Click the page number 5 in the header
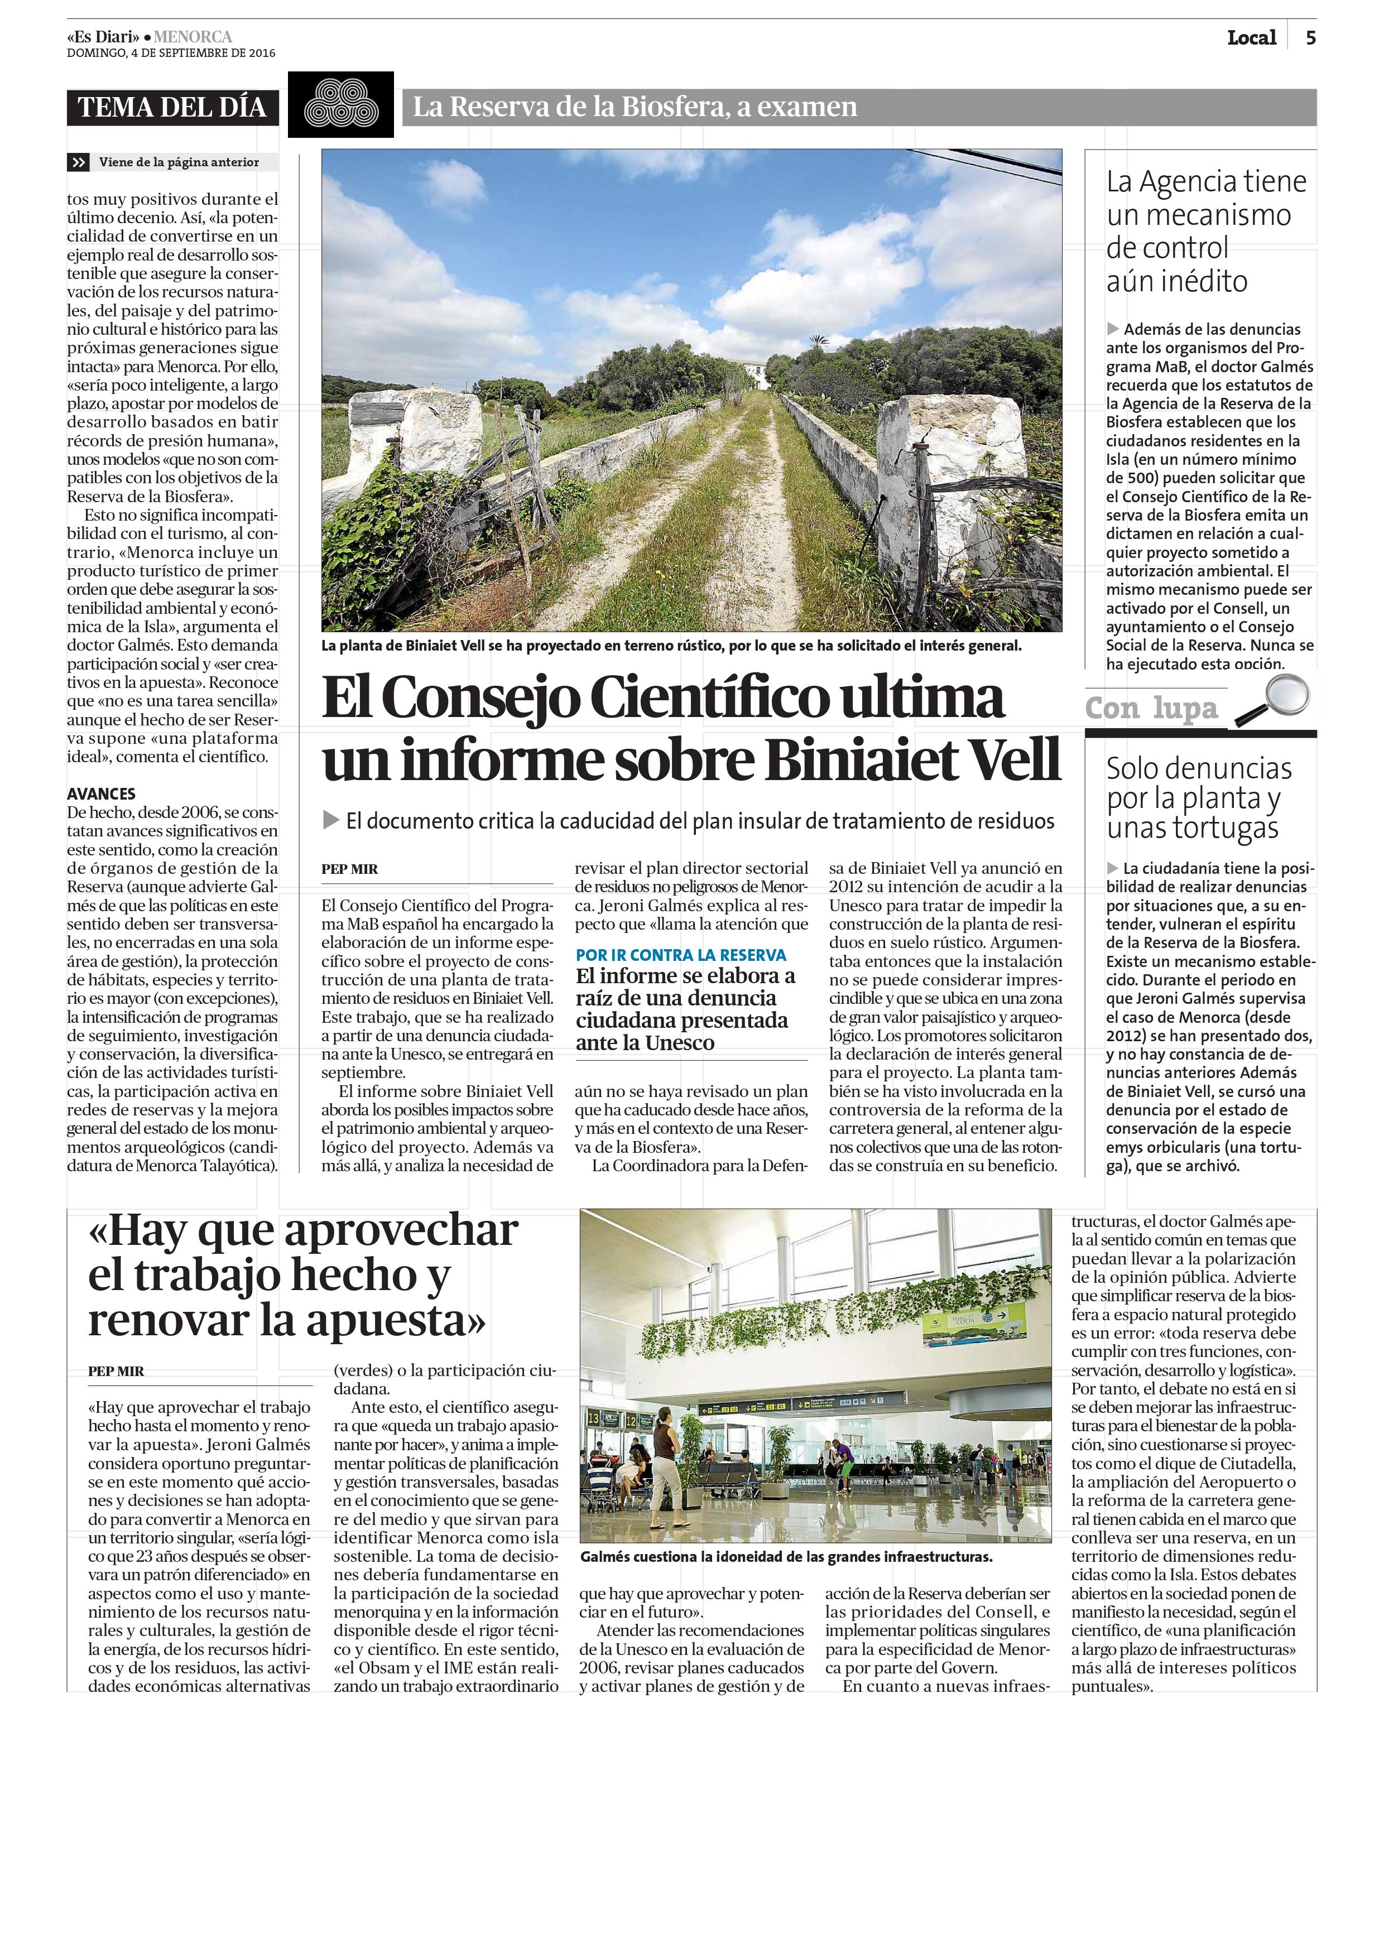(x=1310, y=37)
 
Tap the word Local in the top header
(x=1251, y=37)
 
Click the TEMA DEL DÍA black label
(x=172, y=108)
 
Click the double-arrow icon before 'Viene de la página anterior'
(x=79, y=162)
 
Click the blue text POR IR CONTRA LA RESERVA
(x=680, y=955)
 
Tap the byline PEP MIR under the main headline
(x=349, y=869)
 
